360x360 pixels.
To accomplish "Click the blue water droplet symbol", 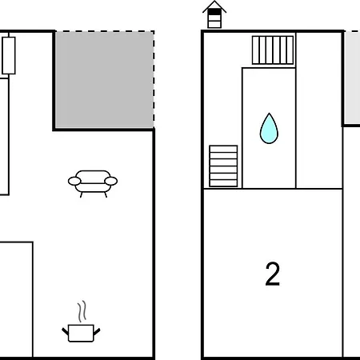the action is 269,129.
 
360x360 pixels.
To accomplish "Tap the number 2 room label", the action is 273,274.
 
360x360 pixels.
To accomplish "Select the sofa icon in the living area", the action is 93,183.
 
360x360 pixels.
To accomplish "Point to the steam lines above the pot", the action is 82,311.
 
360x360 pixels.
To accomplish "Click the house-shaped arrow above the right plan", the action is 214,14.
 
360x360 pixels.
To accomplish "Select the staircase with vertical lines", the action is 273,50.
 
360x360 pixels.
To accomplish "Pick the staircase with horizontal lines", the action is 223,166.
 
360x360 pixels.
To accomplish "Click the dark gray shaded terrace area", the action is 104,79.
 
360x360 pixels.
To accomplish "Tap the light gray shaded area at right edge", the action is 352,78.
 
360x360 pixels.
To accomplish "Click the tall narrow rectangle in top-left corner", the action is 9,55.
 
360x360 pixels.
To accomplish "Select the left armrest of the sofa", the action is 74,181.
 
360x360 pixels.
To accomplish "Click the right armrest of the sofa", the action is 111,181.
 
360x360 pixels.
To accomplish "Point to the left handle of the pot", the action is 66,332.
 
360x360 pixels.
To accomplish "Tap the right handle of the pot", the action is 97,332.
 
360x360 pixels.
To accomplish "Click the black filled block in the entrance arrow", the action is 214,12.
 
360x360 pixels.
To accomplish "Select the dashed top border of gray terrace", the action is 104,31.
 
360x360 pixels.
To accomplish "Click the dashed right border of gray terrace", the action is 154,79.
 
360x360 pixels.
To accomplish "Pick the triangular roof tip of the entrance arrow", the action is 214,2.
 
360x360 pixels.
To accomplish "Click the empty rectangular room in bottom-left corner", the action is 16,299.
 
